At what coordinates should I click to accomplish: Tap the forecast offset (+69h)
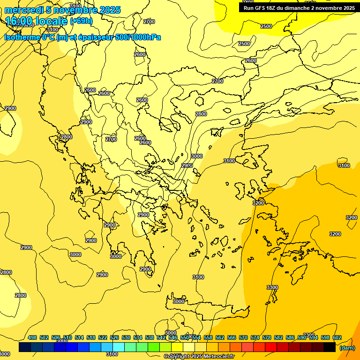pos(81,21)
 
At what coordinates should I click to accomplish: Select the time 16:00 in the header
pos(19,21)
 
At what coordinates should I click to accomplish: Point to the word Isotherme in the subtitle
pos(22,37)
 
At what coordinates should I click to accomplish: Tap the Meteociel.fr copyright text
pos(199,356)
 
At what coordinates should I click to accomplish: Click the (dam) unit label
pos(346,347)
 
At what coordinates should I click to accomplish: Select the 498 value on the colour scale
pos(32,337)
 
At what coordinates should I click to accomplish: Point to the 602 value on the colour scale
pos(337,337)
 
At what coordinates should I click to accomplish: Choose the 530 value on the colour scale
pos(126,337)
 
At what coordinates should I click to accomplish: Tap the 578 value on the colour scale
pos(267,337)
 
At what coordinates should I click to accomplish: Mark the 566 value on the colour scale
pos(232,337)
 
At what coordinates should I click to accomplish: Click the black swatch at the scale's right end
pos(329,347)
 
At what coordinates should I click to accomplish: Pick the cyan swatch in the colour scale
pos(118,347)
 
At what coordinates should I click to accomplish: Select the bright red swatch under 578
pos(270,347)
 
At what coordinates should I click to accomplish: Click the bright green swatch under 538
pos(153,347)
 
